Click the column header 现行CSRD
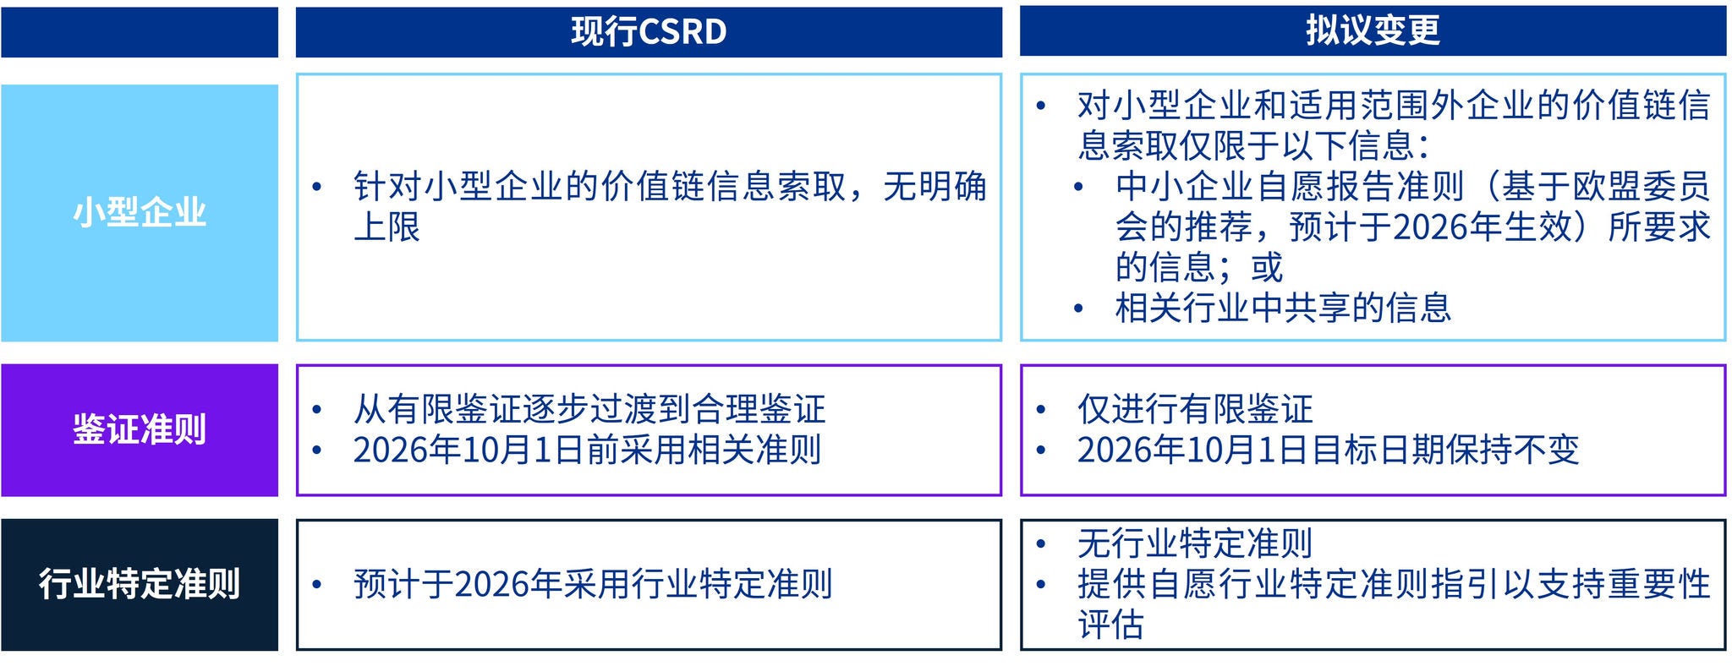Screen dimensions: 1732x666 click(x=649, y=32)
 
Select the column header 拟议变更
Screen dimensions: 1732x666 click(x=1373, y=31)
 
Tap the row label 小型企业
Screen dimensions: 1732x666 click(x=140, y=212)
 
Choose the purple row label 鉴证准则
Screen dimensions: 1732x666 click(x=140, y=429)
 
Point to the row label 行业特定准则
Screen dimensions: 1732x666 click(x=140, y=584)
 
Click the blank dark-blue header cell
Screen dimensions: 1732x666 click(x=140, y=32)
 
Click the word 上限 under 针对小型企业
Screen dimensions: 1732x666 click(x=386, y=227)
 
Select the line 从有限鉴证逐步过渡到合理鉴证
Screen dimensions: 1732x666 click(x=589, y=409)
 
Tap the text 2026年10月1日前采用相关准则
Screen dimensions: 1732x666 click(x=587, y=450)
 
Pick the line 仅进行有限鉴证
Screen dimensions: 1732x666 click(x=1195, y=409)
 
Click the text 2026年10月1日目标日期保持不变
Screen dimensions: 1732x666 click(x=1328, y=450)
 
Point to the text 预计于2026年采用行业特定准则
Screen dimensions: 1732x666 click(x=593, y=584)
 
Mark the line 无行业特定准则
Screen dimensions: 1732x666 click(x=1195, y=543)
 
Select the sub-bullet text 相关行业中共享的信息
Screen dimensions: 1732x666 click(x=1283, y=308)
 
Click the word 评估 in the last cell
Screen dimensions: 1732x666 click(x=1110, y=625)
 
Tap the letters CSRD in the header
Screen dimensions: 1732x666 click(x=683, y=32)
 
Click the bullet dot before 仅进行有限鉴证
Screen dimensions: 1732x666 click(x=1041, y=410)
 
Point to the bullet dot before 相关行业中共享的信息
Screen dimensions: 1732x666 click(x=1078, y=308)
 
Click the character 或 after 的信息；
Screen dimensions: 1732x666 click(x=1267, y=267)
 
